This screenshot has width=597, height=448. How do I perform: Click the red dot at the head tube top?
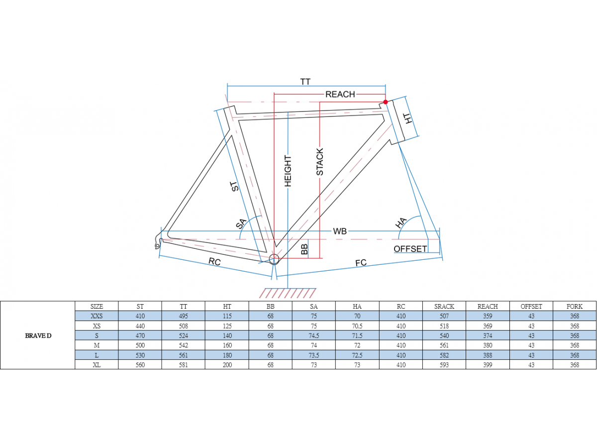point(386,102)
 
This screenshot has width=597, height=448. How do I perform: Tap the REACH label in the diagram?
point(340,95)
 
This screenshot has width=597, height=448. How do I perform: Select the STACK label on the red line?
point(319,162)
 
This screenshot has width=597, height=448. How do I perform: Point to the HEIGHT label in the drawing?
point(288,171)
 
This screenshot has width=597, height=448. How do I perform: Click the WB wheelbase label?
point(340,231)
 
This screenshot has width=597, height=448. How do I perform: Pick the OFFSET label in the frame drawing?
point(410,249)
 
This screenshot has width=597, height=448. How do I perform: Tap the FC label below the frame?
point(361,263)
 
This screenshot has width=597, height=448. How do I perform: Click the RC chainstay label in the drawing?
point(214,262)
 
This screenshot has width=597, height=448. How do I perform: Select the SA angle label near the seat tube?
point(241,224)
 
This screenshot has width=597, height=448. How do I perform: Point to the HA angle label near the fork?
point(400,223)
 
